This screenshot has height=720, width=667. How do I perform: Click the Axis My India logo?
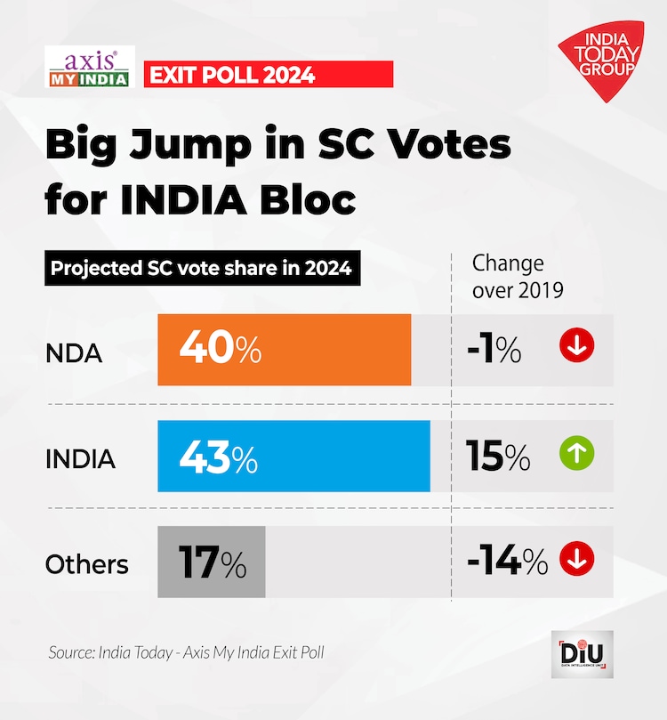(x=89, y=68)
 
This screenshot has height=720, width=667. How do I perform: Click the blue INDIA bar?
(x=338, y=457)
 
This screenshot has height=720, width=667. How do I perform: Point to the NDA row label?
(x=74, y=353)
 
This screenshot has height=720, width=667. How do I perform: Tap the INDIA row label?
(x=80, y=459)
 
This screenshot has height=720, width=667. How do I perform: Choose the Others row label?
(x=86, y=564)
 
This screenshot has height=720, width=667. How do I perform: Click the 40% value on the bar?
(x=220, y=350)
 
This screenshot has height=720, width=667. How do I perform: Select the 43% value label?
(x=219, y=457)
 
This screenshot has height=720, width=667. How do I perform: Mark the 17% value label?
(x=211, y=562)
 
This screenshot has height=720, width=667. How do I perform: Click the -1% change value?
(x=494, y=350)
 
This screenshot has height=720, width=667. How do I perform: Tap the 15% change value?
(x=498, y=457)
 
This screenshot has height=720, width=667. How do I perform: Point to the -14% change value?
(x=507, y=562)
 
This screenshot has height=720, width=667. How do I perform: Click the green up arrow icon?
(x=576, y=455)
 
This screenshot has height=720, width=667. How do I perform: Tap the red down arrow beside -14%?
(x=576, y=559)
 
